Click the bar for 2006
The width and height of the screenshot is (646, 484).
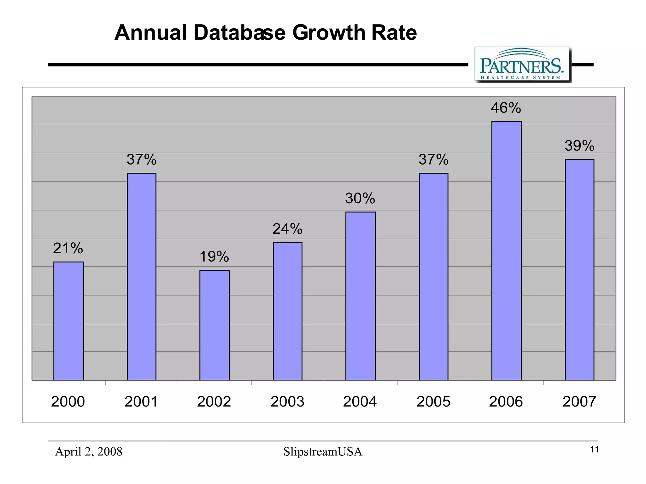pyautogui.click(x=506, y=251)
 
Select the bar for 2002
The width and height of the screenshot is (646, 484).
pyautogui.click(x=214, y=325)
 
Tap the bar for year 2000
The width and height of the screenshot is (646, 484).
pyautogui.click(x=68, y=321)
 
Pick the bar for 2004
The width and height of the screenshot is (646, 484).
pyautogui.click(x=360, y=296)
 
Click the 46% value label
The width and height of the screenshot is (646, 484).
pyautogui.click(x=506, y=108)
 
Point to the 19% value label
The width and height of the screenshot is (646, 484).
pyautogui.click(x=214, y=256)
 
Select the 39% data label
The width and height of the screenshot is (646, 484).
pyautogui.click(x=579, y=146)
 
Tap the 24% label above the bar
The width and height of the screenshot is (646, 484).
pyautogui.click(x=287, y=229)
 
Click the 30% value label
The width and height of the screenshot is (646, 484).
pyautogui.click(x=360, y=198)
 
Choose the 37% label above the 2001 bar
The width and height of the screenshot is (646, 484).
pyautogui.click(x=141, y=159)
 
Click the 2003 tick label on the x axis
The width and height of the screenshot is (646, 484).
pyautogui.click(x=287, y=402)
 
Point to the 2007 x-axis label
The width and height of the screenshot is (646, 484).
pyautogui.click(x=579, y=402)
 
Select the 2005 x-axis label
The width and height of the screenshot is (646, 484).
pyautogui.click(x=433, y=402)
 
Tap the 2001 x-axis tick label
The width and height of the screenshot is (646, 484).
pyautogui.click(x=141, y=402)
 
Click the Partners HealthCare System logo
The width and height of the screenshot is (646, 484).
pyautogui.click(x=522, y=65)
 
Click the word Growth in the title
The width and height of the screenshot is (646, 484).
pyautogui.click(x=328, y=33)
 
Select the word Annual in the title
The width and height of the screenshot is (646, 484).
pyautogui.click(x=150, y=33)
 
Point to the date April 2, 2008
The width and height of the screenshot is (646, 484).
pyautogui.click(x=89, y=452)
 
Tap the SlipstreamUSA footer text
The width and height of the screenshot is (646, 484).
pyautogui.click(x=323, y=452)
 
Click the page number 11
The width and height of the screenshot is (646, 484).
pyautogui.click(x=594, y=450)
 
